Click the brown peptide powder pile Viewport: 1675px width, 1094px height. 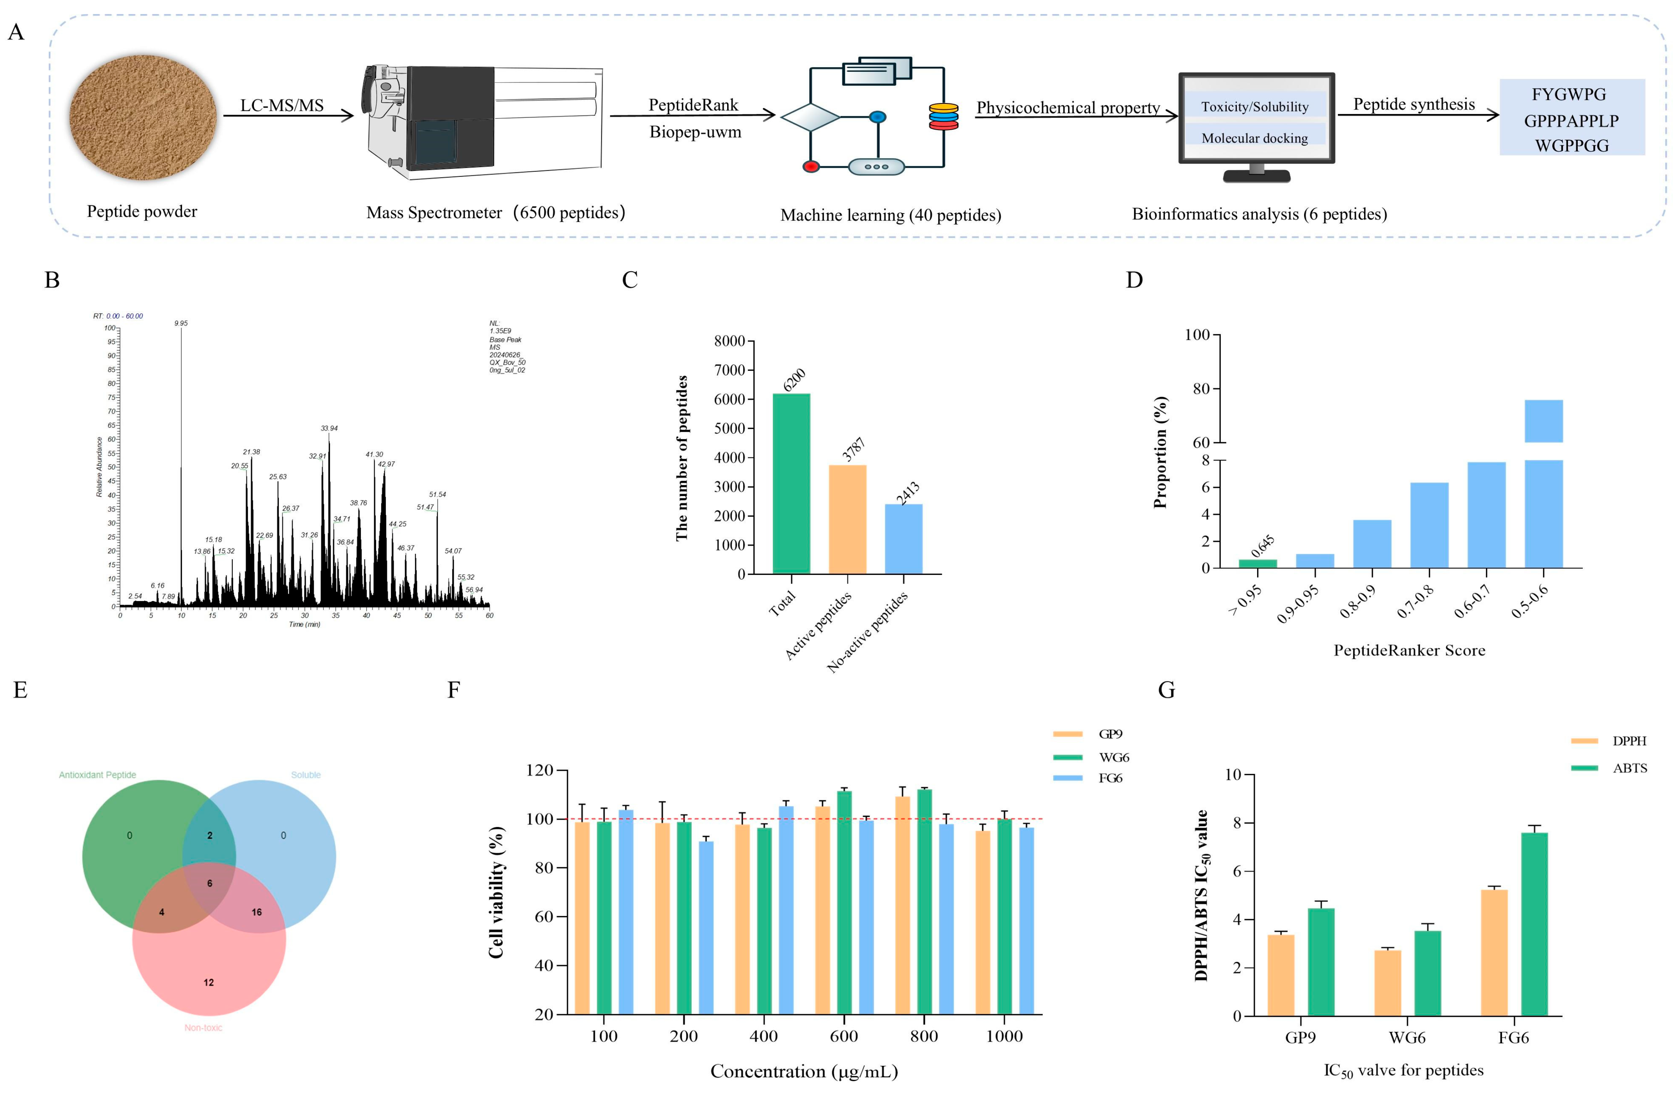click(143, 117)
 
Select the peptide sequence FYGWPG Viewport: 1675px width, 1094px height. click(1569, 94)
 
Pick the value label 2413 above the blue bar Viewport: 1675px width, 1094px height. click(908, 493)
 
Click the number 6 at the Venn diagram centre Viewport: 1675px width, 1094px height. click(209, 883)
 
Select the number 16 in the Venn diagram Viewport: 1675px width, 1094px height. click(256, 912)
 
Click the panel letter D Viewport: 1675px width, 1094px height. click(1134, 280)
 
